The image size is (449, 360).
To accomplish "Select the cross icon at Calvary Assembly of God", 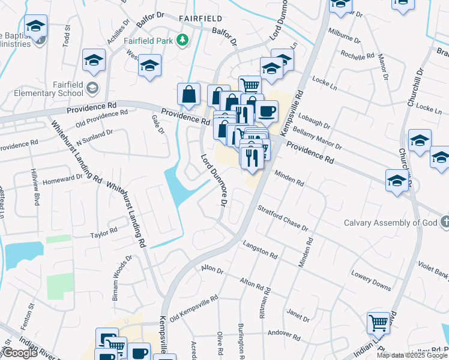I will click(x=444, y=223).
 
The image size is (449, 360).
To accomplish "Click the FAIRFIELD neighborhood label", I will click(x=200, y=19).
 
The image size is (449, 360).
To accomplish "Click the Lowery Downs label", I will click(x=371, y=278).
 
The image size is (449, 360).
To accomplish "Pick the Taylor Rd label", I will click(x=104, y=232).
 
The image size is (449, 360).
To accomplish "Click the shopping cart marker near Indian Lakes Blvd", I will click(x=379, y=324).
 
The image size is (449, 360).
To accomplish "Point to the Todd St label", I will click(x=67, y=35).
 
